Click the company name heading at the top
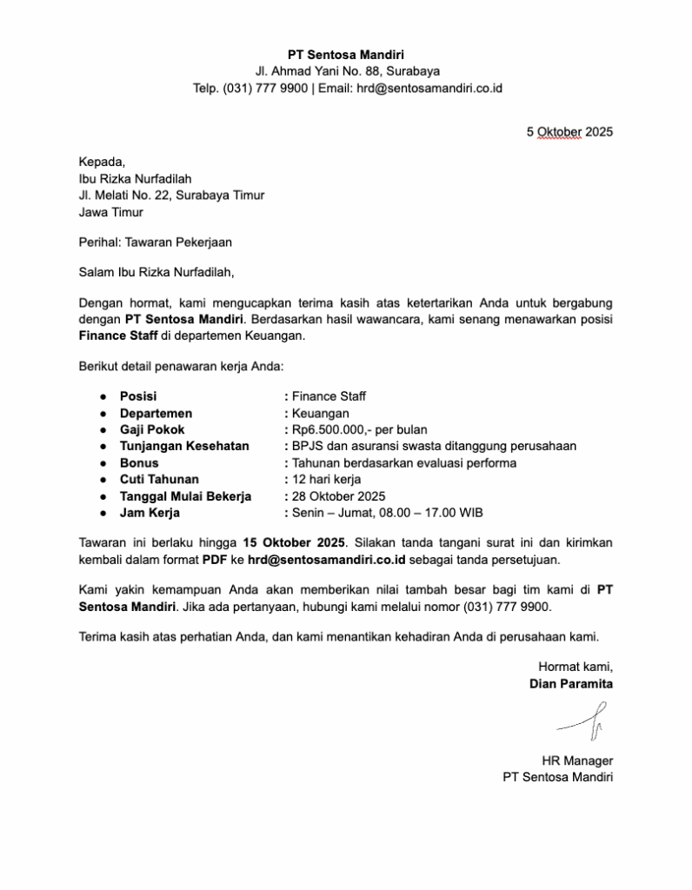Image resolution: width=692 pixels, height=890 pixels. point(346,55)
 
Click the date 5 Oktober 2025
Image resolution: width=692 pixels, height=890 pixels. point(569,132)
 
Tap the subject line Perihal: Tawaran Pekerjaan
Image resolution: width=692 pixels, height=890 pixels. point(156,242)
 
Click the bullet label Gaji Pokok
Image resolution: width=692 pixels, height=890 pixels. point(152,429)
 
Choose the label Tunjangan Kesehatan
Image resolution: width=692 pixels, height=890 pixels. point(184,446)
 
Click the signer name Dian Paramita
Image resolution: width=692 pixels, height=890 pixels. point(571,683)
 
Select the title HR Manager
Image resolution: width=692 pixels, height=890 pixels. point(577,760)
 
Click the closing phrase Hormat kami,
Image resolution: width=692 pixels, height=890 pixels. point(576,667)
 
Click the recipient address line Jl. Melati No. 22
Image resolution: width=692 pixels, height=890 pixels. point(171,196)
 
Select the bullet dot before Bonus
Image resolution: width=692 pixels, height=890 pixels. point(103,463)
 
